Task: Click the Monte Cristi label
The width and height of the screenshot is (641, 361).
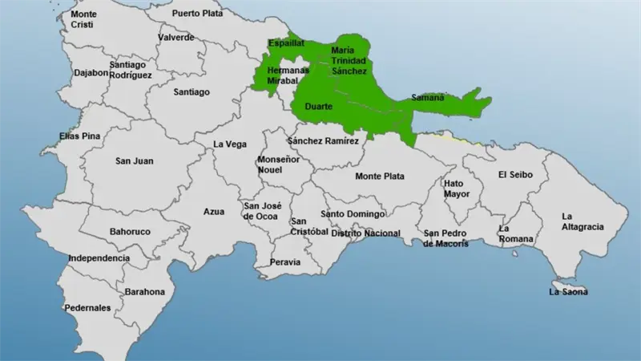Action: (x=83, y=20)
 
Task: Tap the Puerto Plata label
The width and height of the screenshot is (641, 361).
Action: (x=196, y=14)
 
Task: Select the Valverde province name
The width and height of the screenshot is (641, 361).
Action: (x=175, y=37)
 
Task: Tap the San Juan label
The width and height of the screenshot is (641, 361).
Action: (x=135, y=161)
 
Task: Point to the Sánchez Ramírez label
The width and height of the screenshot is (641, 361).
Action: (x=328, y=141)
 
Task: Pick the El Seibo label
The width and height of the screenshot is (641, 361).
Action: (x=516, y=174)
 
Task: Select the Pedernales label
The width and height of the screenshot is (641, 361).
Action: (x=88, y=308)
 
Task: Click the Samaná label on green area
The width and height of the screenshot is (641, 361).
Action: (x=427, y=98)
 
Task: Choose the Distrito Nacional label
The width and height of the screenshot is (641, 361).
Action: (x=365, y=233)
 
